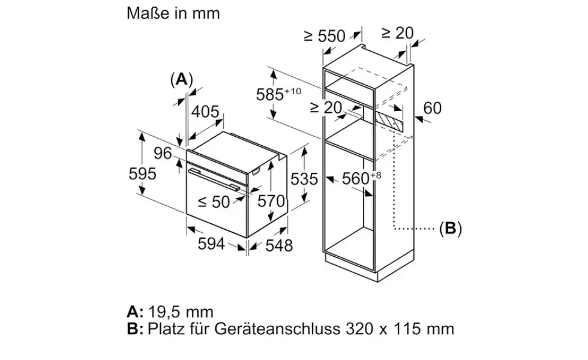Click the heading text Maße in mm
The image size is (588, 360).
coord(173,13)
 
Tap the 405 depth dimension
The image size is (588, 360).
coord(205,112)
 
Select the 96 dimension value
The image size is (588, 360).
coord(163,153)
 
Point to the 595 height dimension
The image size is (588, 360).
coord(143,173)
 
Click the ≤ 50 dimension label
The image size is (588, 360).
coord(214,202)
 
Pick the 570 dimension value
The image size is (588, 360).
coord(271,202)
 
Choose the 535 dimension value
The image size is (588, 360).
coord(304,179)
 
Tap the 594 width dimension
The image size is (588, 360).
coord(211,244)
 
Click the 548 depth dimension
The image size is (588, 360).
coord(279,245)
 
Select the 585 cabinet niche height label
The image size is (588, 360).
coord(278,94)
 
